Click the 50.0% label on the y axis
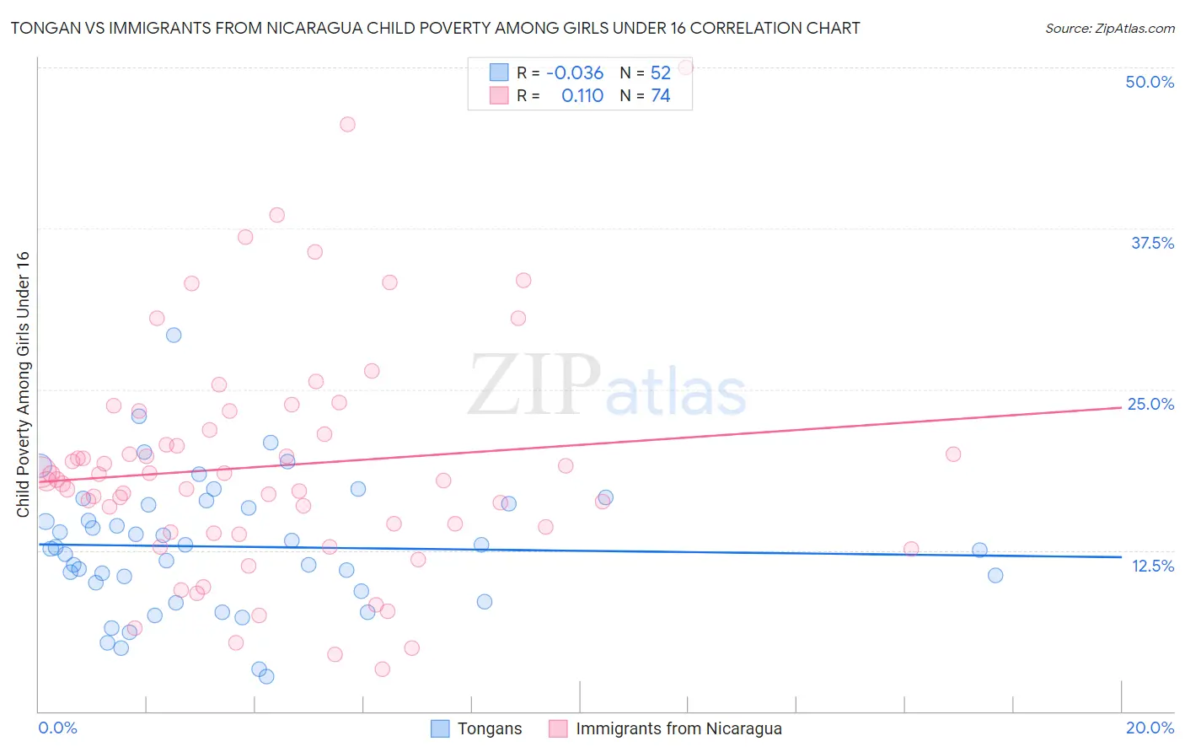(x=1150, y=82)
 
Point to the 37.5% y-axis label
(x=1152, y=243)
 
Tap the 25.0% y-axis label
(x=1150, y=404)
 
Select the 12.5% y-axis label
(x=1152, y=566)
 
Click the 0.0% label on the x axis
(x=57, y=728)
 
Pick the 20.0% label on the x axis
(x=1150, y=728)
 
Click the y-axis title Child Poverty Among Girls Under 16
(x=23, y=384)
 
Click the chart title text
(x=435, y=28)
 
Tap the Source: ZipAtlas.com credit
(x=1109, y=28)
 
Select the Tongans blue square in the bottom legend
(x=440, y=728)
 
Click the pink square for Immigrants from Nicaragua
(x=558, y=728)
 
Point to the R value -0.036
(x=575, y=73)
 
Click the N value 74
(x=661, y=96)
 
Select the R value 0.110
(x=582, y=96)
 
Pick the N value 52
(x=661, y=73)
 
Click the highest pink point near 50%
(x=685, y=67)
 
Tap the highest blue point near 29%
(x=174, y=335)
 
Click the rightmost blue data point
(x=995, y=575)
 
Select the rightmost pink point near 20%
(x=953, y=454)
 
